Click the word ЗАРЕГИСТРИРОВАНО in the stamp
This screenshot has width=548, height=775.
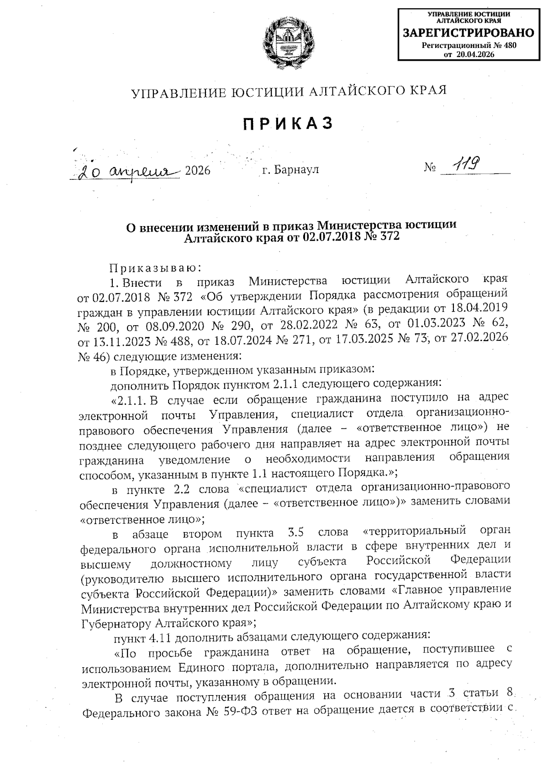click(x=468, y=33)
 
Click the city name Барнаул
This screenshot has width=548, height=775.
click(x=295, y=170)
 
